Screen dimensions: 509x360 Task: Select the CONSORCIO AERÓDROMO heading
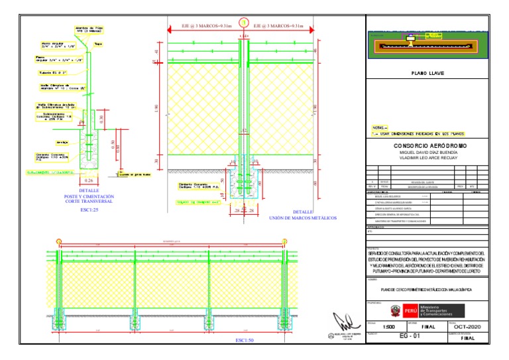pos(430,146)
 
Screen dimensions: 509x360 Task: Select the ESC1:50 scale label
pos(245,340)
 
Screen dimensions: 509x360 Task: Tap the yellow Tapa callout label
pos(98,44)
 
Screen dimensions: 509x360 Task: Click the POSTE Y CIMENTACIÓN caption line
pos(89,197)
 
